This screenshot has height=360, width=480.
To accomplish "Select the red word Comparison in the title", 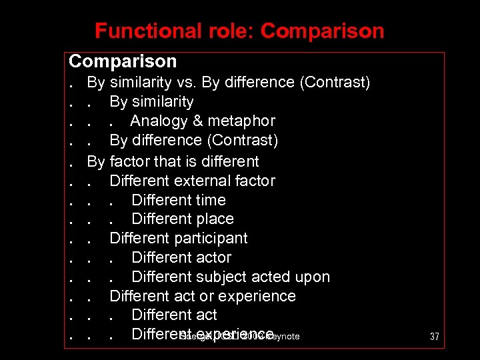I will [x=323, y=31].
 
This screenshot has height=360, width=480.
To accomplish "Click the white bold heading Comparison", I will [x=123, y=61].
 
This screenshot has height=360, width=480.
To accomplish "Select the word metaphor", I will [x=241, y=121].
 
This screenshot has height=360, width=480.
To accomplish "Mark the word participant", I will [x=213, y=239].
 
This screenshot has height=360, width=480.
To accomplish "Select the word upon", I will [x=313, y=277].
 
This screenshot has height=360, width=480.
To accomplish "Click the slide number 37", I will [x=434, y=337].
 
